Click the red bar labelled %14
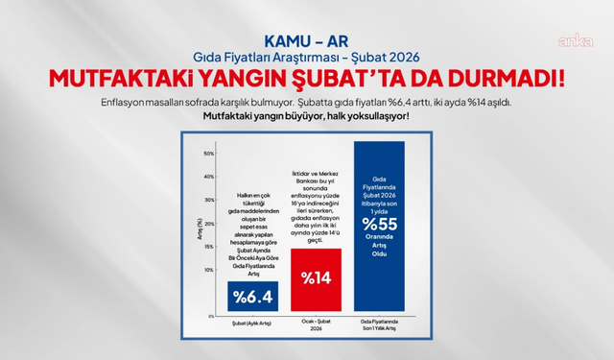point(316,278)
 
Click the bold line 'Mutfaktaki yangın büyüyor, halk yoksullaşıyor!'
point(307,117)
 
